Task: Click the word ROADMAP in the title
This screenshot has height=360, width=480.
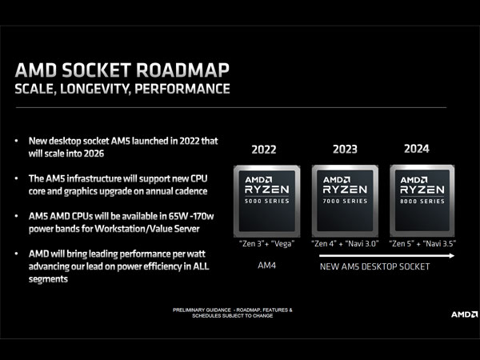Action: coord(182,70)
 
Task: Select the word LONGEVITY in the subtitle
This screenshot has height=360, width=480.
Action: coord(95,89)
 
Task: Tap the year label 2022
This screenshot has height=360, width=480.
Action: coord(264,150)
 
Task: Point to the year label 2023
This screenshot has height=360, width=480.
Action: coord(345,149)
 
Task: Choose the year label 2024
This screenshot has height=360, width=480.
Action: coord(417,149)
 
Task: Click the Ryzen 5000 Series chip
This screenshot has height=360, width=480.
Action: coord(267,201)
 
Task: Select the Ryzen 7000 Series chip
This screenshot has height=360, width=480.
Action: coord(345,201)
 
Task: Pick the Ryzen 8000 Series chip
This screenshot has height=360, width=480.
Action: coord(422,201)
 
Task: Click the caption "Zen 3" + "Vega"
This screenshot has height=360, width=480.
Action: coord(266,244)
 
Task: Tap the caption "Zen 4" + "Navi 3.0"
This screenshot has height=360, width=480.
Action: coord(345,244)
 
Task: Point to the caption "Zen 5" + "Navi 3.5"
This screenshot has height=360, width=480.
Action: coord(422,244)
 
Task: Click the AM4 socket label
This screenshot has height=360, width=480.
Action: coord(266,265)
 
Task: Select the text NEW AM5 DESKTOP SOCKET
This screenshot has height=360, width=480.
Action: coord(374,266)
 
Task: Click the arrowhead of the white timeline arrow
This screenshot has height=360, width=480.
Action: coord(452,256)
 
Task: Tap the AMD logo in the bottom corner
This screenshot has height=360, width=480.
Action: coord(464,314)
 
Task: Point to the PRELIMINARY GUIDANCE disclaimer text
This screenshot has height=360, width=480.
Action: coord(233,313)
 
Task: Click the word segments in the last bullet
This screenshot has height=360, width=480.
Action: coord(48,279)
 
